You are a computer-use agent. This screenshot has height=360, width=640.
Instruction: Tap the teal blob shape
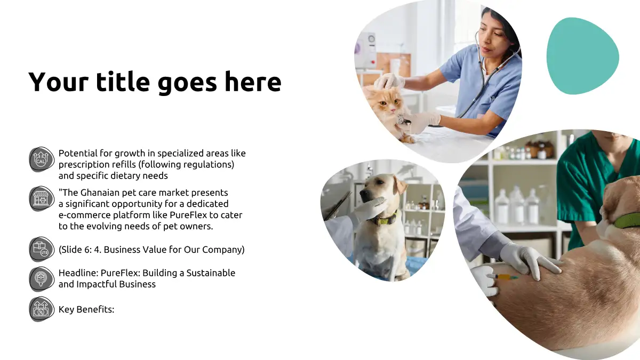582,56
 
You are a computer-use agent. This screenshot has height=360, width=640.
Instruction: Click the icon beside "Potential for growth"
42,159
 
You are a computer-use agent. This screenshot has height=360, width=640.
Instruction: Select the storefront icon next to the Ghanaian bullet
42,198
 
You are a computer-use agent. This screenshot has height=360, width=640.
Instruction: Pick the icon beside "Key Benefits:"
42,309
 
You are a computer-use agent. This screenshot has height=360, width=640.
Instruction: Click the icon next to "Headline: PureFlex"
42,279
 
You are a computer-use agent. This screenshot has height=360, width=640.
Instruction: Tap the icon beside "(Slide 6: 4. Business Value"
42,249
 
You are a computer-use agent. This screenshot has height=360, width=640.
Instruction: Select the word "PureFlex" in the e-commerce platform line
188,215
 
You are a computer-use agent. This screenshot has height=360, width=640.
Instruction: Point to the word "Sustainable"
211,273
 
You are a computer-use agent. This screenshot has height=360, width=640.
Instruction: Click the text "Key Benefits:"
86,309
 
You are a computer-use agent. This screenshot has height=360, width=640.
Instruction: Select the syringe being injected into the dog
502,277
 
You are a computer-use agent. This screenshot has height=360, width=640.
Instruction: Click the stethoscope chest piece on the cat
402,121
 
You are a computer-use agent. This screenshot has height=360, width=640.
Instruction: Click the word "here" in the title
253,82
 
